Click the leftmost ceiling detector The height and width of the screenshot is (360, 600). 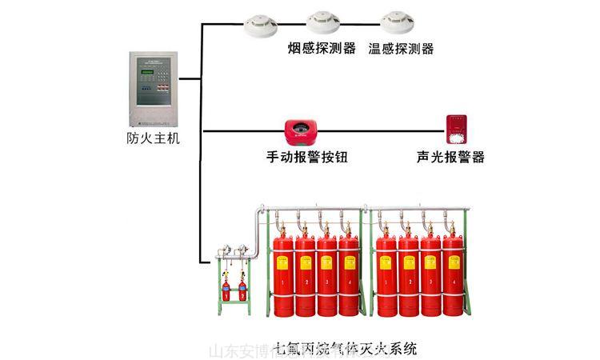click(262, 26)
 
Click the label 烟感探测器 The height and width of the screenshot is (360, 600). click(322, 49)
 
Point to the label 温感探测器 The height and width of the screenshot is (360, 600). click(401, 49)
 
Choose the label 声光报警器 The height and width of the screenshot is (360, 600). click(451, 158)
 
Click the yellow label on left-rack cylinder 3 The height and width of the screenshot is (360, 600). click(327, 260)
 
